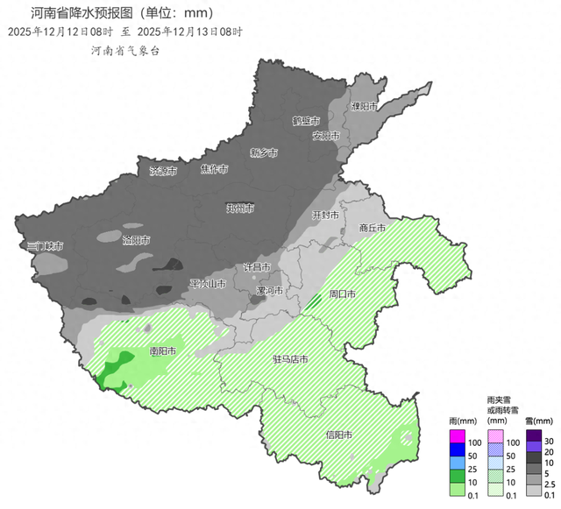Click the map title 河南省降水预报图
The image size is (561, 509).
[x=123, y=13]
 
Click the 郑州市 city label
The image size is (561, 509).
[x=239, y=209]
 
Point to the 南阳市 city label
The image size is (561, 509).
[x=163, y=351]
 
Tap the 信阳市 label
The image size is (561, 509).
[x=338, y=435]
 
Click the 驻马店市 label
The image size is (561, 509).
[x=290, y=358]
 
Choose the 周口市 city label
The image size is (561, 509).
[x=341, y=294]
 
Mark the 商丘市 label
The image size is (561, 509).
[x=372, y=229]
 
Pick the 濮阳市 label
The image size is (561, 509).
[x=364, y=106]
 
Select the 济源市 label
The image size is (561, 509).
[x=163, y=171]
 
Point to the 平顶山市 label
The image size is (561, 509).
[x=208, y=284]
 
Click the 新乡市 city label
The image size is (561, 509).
[x=263, y=152]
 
